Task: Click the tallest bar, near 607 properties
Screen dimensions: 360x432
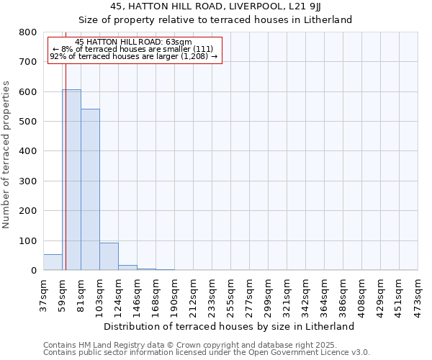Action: (x=71, y=180)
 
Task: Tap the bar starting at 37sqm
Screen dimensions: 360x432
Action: (x=53, y=262)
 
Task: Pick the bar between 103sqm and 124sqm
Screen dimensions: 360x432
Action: (x=109, y=256)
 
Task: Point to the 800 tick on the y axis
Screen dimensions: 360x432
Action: (x=27, y=32)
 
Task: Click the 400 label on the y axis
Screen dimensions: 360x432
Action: (x=27, y=151)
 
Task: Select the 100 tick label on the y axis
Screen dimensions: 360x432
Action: (x=27, y=240)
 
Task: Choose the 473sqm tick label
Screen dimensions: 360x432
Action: (x=418, y=292)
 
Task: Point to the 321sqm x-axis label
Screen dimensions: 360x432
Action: (x=287, y=292)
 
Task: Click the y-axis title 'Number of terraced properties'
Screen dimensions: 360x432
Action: (x=7, y=155)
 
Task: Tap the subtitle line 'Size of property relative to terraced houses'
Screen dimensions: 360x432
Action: (x=216, y=19)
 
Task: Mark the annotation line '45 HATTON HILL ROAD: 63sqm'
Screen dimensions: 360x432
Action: (x=134, y=42)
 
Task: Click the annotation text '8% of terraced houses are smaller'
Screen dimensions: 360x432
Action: (x=134, y=49)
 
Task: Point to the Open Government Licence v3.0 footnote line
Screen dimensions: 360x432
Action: (x=207, y=352)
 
